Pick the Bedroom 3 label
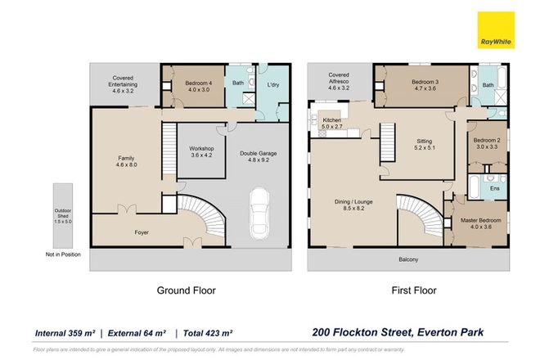tap(425, 86)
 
